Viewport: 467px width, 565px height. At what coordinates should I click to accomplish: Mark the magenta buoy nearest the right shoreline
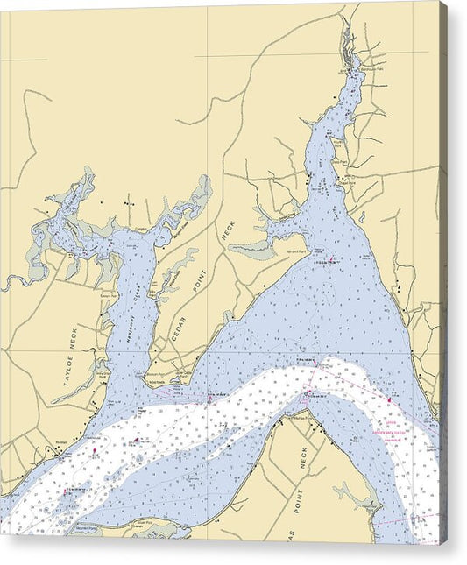tap(390, 400)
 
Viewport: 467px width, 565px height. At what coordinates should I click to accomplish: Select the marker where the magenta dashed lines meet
tap(308, 391)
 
